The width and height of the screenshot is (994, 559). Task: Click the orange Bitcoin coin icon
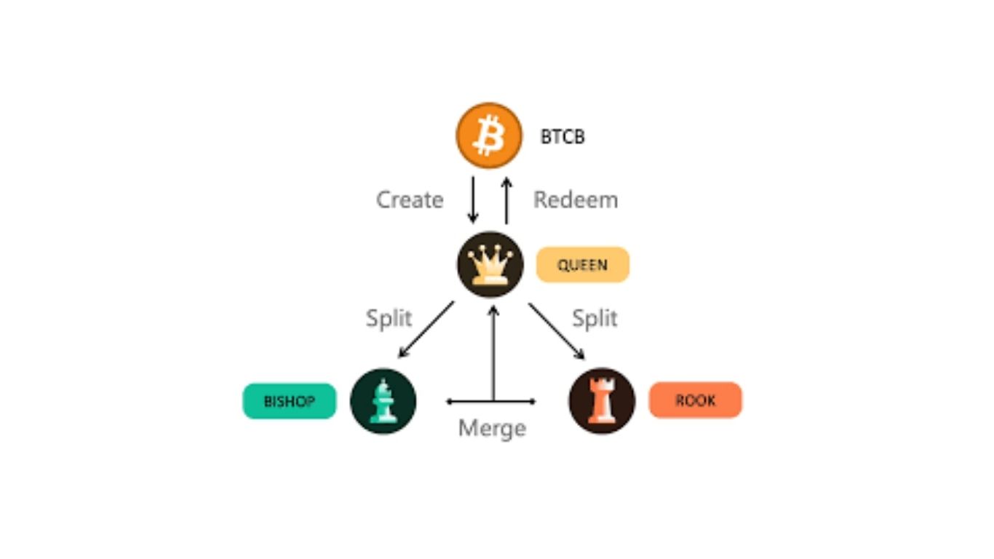click(x=489, y=136)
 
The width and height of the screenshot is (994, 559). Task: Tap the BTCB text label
click(x=562, y=137)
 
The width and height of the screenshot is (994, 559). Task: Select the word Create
click(x=410, y=199)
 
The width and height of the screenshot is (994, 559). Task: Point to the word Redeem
click(x=576, y=199)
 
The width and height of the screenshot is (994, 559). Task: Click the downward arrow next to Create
click(x=473, y=199)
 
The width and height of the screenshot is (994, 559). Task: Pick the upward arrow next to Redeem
click(x=506, y=199)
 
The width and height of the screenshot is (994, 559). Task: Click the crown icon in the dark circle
click(x=490, y=264)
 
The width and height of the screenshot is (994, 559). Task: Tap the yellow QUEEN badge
click(x=582, y=264)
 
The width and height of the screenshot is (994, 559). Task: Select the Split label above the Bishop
click(x=389, y=318)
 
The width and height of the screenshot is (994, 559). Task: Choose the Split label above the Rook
click(x=595, y=318)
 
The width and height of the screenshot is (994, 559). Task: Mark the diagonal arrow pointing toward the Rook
click(x=557, y=330)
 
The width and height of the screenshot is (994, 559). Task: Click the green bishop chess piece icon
click(x=383, y=401)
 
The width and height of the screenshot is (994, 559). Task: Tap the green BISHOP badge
click(x=290, y=401)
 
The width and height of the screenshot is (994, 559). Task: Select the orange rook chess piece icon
click(x=602, y=401)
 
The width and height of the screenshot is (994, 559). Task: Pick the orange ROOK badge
click(x=695, y=400)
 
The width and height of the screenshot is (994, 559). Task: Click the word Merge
click(x=492, y=428)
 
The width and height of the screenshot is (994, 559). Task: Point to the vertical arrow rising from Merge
click(x=493, y=353)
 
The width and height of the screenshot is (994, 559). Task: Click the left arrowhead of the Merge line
click(x=450, y=401)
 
